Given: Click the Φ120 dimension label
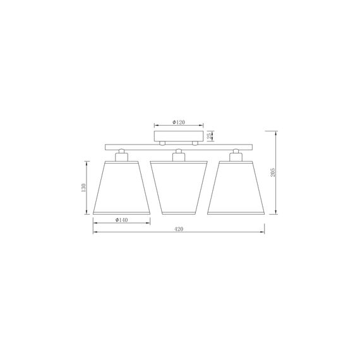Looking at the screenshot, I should (x=179, y=122).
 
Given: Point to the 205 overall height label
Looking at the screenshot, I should (x=272, y=172).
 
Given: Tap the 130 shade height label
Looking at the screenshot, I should (x=83, y=188).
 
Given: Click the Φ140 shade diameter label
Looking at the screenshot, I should (x=122, y=220).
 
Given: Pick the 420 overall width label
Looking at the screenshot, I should (x=179, y=229).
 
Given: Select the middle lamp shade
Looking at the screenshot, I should (x=179, y=186).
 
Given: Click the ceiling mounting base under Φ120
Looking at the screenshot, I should (x=179, y=136).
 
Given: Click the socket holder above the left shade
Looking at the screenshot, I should (x=121, y=155).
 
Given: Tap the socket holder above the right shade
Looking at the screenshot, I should (x=236, y=155).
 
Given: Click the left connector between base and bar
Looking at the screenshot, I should (x=162, y=143).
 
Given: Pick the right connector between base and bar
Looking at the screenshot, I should (x=195, y=143).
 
